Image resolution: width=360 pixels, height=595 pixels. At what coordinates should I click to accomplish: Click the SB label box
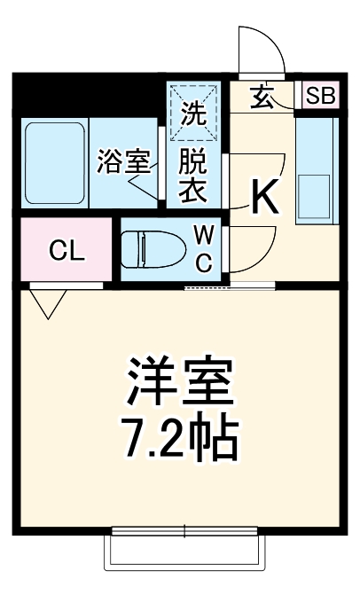pyautogui.click(x=321, y=96)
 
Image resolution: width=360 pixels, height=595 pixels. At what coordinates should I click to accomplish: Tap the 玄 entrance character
pyautogui.click(x=262, y=96)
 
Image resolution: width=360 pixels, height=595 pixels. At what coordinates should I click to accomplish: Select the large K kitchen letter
pyautogui.click(x=263, y=197)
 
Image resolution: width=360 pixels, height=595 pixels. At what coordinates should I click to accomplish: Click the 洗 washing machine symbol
pyautogui.click(x=194, y=112)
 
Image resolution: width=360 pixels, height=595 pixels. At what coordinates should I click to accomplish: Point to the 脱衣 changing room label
pyautogui.click(x=193, y=176)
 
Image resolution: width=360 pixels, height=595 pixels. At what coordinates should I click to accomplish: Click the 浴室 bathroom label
pyautogui.click(x=122, y=162)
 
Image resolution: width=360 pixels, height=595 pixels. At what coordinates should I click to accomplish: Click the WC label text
pyautogui.click(x=203, y=248)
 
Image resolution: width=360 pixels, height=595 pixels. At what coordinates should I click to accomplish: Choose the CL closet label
pyautogui.click(x=67, y=251)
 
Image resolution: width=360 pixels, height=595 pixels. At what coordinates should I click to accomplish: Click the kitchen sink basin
pyautogui.click(x=315, y=192)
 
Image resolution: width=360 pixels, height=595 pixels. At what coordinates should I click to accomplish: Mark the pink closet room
pyautogui.click(x=67, y=251)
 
